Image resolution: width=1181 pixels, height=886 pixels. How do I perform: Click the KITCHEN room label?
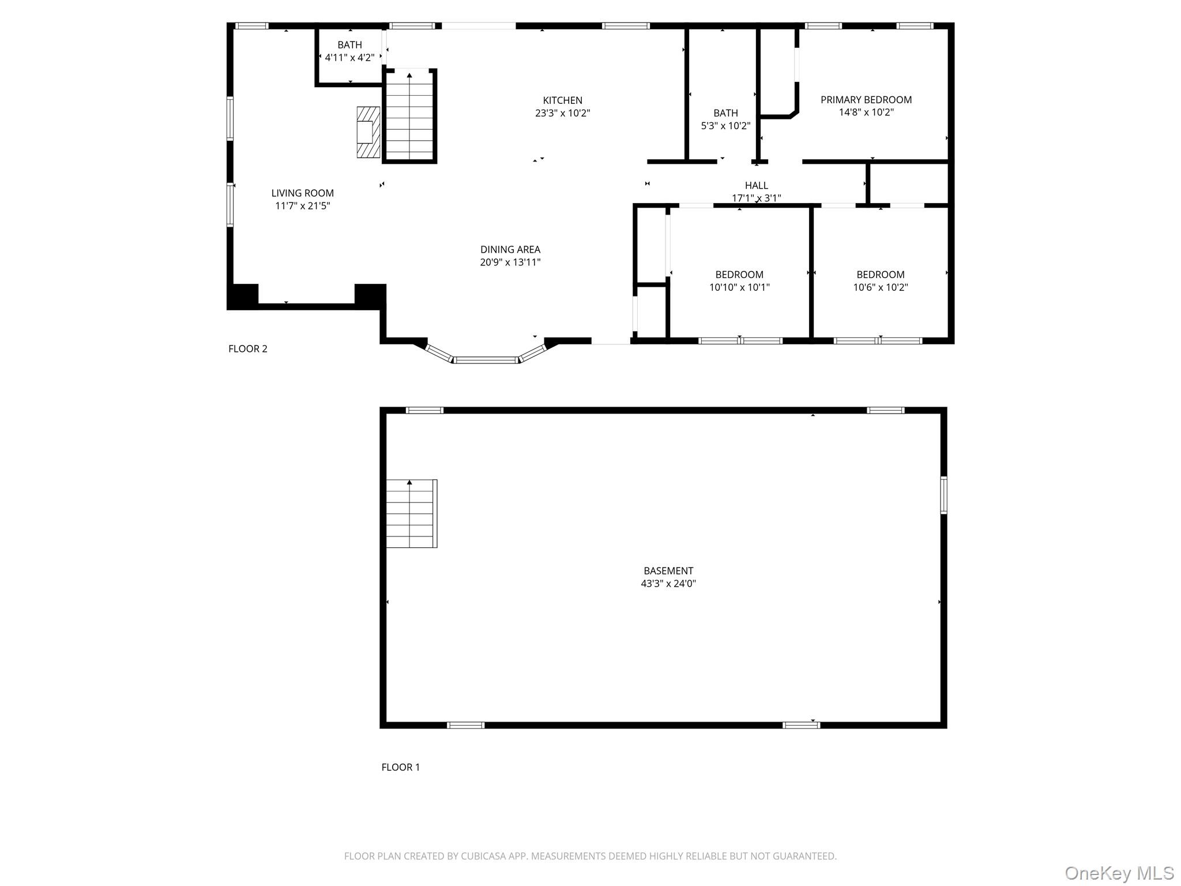[x=562, y=100]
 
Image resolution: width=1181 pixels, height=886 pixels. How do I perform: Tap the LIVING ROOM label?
[x=303, y=193]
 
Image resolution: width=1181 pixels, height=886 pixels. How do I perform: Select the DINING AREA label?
[x=510, y=250]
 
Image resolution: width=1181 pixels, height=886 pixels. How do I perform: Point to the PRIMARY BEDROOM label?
[x=866, y=100]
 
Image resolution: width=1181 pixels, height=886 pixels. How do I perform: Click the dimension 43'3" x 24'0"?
[x=668, y=583]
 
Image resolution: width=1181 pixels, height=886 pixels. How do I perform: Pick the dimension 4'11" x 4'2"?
[x=349, y=58]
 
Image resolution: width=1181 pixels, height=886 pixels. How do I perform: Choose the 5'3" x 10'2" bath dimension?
[x=725, y=126]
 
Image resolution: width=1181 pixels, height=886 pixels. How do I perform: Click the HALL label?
[x=757, y=185]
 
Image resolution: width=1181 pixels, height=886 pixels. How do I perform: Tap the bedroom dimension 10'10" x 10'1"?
[x=739, y=287]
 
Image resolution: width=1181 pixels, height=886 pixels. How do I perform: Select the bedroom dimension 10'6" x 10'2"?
[x=881, y=287]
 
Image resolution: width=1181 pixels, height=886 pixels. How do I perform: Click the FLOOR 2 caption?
[x=248, y=348]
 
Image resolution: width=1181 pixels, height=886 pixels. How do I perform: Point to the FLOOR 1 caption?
[x=401, y=767]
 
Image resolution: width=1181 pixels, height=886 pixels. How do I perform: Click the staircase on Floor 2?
[x=409, y=116]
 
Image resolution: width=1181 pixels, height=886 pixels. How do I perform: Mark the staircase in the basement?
[x=411, y=513]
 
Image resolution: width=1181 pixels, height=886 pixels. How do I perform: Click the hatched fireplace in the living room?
[x=368, y=132]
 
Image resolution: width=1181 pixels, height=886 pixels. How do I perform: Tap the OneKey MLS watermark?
[x=1119, y=873]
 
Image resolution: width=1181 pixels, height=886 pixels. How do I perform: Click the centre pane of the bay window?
[x=486, y=360]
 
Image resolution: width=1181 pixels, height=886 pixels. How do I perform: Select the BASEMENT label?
[x=668, y=571]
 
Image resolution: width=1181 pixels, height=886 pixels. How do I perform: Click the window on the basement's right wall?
[x=943, y=495]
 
